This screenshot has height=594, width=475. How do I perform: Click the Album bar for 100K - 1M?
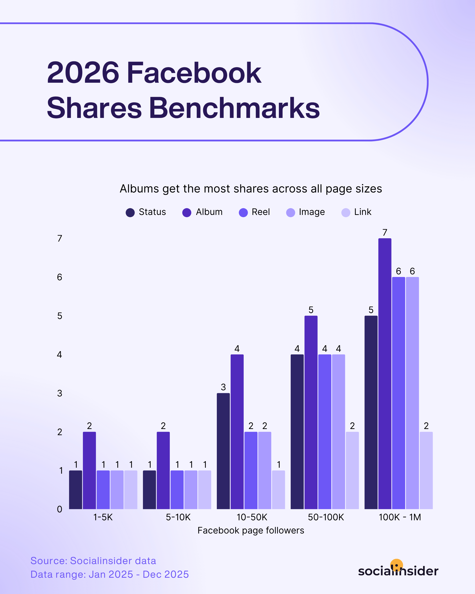(x=385, y=374)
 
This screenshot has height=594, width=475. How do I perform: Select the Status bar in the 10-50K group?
(x=223, y=451)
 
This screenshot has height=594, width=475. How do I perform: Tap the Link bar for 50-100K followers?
(x=352, y=470)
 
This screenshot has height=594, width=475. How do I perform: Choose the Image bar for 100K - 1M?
(x=412, y=393)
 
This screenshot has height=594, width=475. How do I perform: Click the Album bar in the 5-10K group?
(x=163, y=470)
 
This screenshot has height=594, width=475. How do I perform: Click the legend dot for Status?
(x=130, y=213)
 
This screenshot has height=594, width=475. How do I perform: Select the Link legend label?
(x=363, y=212)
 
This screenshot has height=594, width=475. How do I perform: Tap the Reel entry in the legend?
(x=261, y=212)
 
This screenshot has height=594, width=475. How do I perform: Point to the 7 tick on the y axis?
(x=59, y=238)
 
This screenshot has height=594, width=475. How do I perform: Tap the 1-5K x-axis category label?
(x=103, y=517)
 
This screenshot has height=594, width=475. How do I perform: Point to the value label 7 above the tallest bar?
(x=385, y=233)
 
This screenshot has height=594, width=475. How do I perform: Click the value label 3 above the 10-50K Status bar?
(x=223, y=387)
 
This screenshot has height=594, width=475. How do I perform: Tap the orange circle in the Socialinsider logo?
(x=396, y=565)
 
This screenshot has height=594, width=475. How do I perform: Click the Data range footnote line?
(x=110, y=574)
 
